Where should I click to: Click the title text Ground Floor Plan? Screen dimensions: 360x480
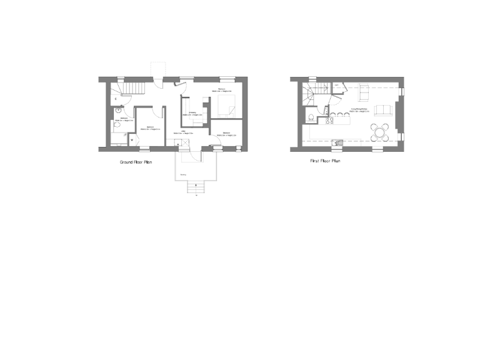136,162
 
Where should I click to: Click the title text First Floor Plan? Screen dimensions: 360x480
325,161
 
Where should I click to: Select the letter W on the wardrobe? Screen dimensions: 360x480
132,139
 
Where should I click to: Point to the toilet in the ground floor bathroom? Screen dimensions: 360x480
117,125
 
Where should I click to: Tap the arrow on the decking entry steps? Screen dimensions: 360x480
196,186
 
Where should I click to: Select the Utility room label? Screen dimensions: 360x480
185,132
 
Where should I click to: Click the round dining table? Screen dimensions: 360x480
379,131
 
